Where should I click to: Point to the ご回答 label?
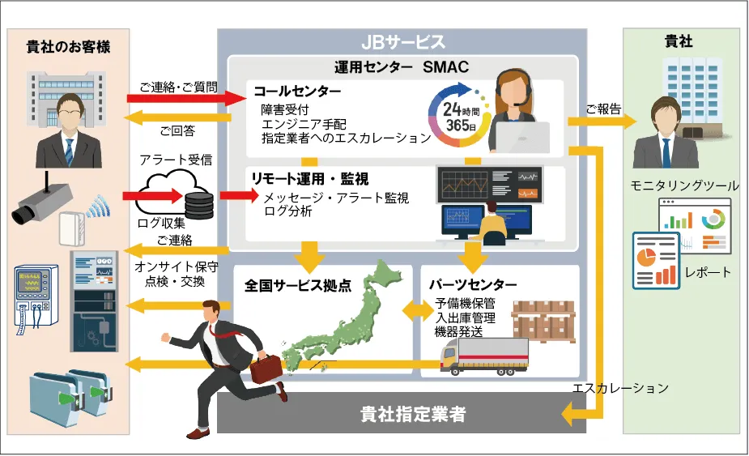[177, 129]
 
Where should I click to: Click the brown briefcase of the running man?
[266, 369]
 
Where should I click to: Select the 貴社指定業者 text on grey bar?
[413, 415]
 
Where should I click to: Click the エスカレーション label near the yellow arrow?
[620, 388]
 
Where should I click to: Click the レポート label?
[707, 271]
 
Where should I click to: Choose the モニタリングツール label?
[685, 186]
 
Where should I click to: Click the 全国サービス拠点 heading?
[297, 285]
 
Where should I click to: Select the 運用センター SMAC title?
[402, 66]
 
